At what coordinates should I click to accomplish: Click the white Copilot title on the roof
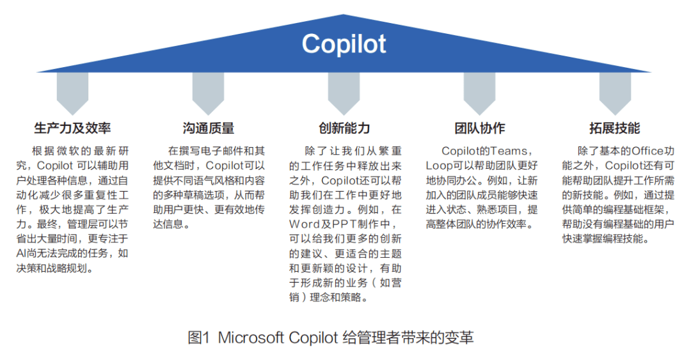point(344,44)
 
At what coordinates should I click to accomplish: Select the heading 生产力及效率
point(72,128)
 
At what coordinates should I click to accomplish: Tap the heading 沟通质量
point(208,128)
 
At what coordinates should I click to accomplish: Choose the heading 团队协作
point(479,128)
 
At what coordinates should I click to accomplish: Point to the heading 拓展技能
point(614,128)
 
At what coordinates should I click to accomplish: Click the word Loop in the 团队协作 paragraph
point(439,166)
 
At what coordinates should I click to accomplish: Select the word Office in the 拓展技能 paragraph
point(647,151)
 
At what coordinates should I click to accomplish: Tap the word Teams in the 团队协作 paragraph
point(509,151)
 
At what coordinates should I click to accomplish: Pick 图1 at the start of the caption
point(199,338)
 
